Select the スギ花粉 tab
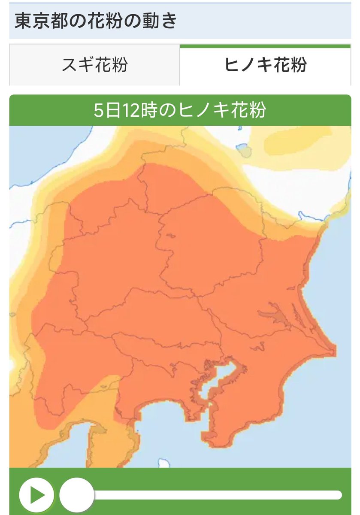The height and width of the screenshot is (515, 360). click(95, 65)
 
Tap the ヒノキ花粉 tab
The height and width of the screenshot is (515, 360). click(266, 65)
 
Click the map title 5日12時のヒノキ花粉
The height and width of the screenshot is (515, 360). click(180, 110)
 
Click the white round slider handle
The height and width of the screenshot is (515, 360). click(76, 495)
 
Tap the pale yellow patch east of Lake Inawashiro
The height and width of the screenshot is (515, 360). click(296, 142)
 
